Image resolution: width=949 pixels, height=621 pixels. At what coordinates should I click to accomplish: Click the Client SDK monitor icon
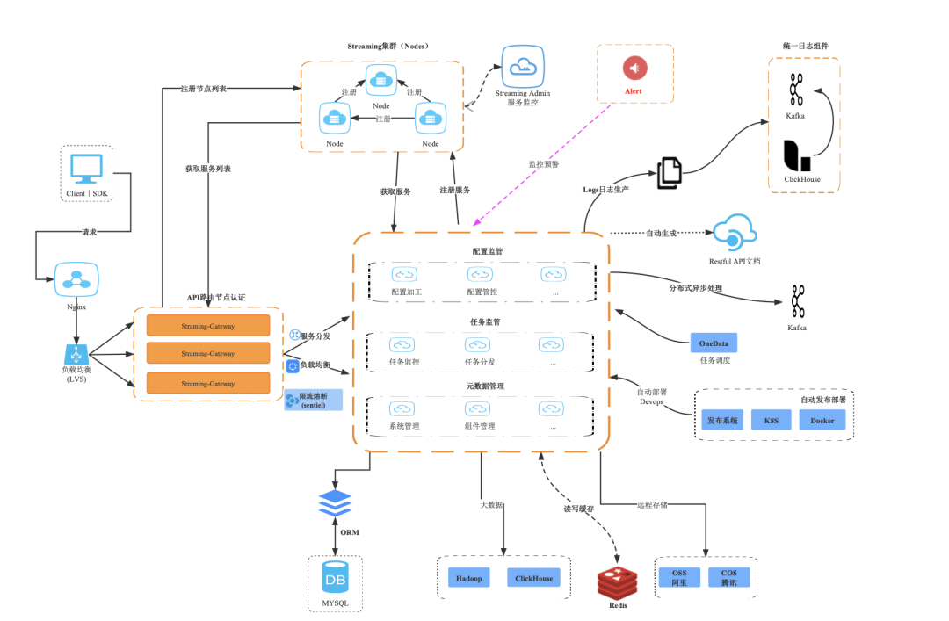87,170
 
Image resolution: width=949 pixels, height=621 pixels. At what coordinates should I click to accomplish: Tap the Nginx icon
75,280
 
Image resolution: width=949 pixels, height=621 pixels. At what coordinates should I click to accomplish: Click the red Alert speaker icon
634,68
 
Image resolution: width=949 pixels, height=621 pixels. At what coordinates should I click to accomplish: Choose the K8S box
771,420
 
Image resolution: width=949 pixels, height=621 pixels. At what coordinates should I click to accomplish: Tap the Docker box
822,420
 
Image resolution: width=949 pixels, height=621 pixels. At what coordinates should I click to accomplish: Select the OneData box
714,343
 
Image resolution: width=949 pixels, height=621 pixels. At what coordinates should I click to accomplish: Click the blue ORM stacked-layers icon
335,504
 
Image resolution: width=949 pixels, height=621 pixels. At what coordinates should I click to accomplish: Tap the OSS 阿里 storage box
679,577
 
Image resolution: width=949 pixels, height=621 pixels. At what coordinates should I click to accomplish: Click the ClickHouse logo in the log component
797,155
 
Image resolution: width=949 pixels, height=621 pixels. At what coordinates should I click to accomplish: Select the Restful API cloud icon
733,234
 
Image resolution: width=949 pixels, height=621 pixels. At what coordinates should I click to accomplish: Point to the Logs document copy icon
670,172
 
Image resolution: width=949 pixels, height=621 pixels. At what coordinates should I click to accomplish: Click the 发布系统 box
721,420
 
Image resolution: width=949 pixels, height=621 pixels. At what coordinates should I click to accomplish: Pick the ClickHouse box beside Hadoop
533,579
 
